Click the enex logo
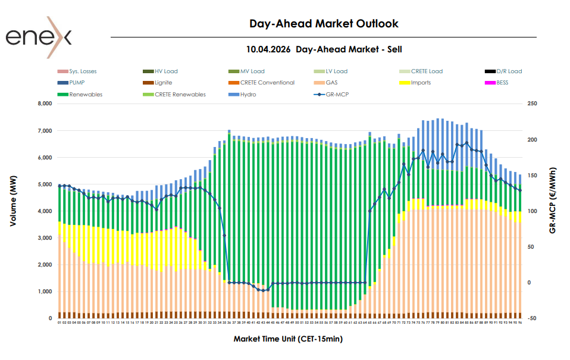[38, 37]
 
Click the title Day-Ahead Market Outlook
[324, 24]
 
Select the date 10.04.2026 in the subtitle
[268, 49]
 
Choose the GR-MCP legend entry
[337, 94]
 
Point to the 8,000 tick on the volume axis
[44, 104]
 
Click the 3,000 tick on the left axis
[44, 238]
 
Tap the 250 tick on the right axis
[532, 104]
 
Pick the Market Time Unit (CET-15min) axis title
[288, 339]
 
